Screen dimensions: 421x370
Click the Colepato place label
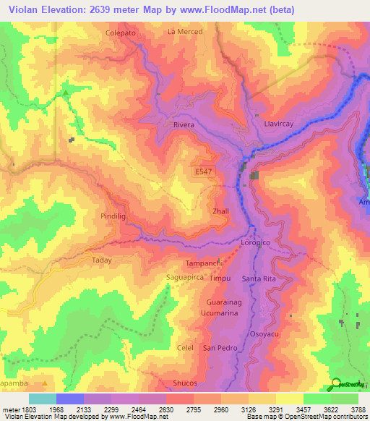tap(120, 33)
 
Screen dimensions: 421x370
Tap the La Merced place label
tap(184, 32)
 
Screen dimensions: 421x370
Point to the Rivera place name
tap(184, 125)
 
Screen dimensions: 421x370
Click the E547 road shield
tap(205, 171)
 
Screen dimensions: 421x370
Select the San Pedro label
tap(219, 348)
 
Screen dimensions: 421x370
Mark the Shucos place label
tap(185, 384)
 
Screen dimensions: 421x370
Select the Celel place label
tap(185, 348)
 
